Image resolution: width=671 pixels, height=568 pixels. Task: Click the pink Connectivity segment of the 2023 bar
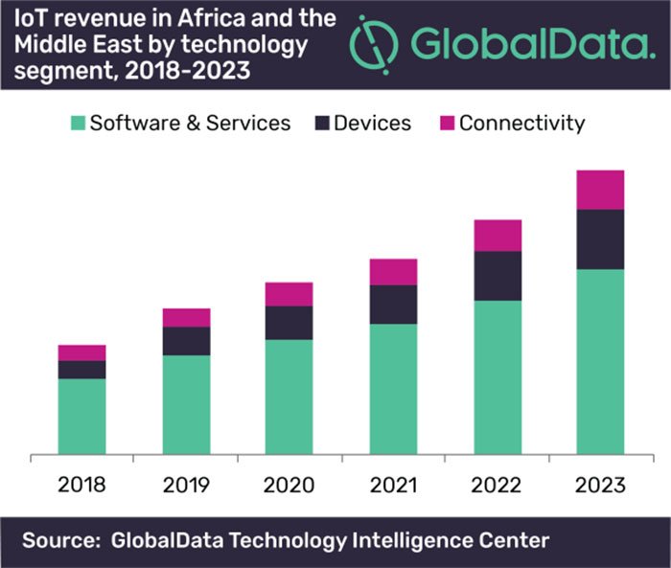click(600, 190)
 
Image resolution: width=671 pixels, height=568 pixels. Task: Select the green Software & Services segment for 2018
click(81, 417)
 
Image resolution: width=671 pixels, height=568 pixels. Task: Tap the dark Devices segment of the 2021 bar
click(393, 305)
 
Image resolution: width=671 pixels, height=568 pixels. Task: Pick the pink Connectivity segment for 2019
click(186, 318)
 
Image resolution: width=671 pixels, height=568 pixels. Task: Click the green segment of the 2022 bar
click(497, 377)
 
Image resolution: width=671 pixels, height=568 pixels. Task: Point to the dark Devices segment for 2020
click(289, 323)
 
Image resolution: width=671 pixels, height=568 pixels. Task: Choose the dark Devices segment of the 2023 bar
click(600, 239)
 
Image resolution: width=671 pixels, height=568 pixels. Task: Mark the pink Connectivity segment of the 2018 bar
click(81, 352)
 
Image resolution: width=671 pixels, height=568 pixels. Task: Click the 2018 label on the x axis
click(81, 485)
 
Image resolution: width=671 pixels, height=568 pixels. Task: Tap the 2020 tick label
click(289, 485)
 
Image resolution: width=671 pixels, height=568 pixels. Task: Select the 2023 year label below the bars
click(600, 485)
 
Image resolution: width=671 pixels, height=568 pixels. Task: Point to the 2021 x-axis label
click(393, 485)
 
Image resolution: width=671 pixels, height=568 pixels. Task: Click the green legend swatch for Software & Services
click(78, 124)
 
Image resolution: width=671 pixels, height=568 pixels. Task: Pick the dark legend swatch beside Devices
click(323, 124)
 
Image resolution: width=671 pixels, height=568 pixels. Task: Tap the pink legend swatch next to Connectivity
click(447, 124)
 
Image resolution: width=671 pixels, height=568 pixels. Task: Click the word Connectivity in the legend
click(521, 124)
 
